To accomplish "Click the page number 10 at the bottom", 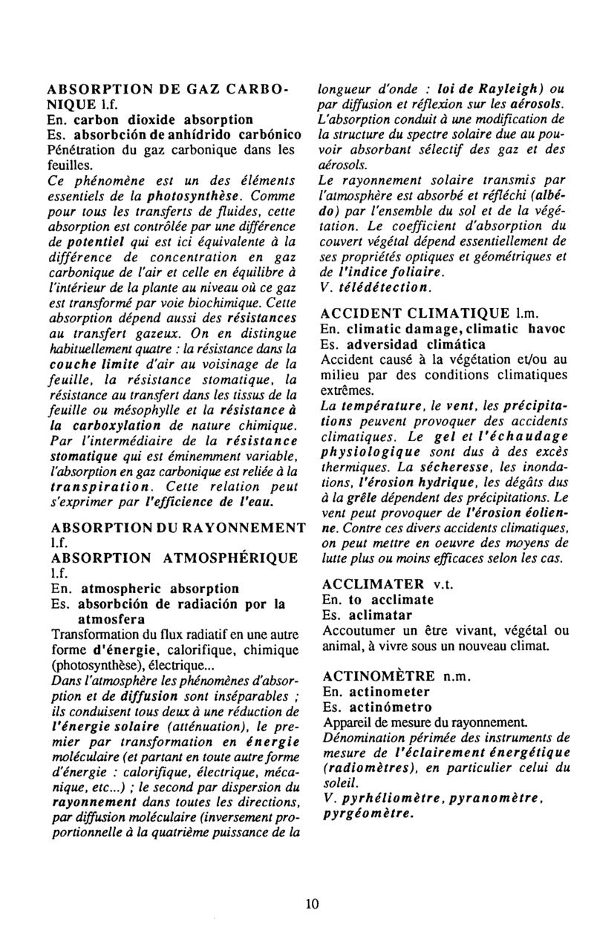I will click(x=311, y=903).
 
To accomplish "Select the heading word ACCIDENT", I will click(x=358, y=314).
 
